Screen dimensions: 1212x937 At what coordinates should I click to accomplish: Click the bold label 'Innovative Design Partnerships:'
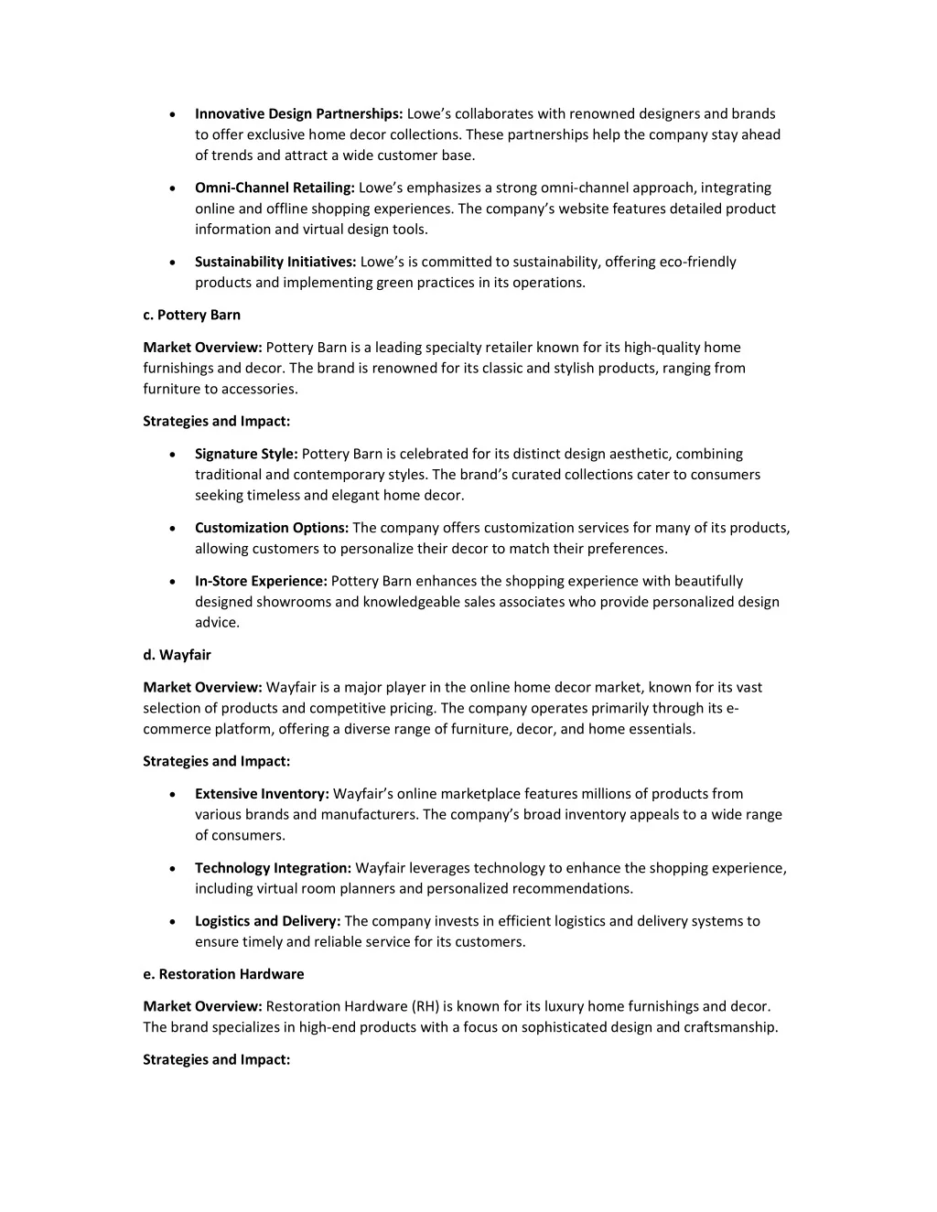pyautogui.click(x=298, y=114)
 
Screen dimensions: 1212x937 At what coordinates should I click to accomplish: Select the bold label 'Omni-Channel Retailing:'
pyautogui.click(x=275, y=188)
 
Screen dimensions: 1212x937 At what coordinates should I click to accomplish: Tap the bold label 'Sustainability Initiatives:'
pyautogui.click(x=275, y=263)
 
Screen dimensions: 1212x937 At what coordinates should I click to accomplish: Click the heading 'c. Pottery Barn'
pyautogui.click(x=191, y=316)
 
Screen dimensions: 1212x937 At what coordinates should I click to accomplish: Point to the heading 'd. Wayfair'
pyautogui.click(x=177, y=655)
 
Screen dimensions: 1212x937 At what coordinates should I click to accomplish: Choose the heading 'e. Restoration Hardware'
pyautogui.click(x=223, y=974)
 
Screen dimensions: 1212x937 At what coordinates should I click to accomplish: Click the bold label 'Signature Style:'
pyautogui.click(x=246, y=455)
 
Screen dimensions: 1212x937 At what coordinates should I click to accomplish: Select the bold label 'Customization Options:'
pyautogui.click(x=272, y=529)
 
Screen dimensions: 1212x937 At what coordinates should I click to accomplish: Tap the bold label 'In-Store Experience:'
pyautogui.click(x=261, y=582)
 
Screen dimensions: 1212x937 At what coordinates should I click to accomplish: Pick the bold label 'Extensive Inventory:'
pyautogui.click(x=262, y=794)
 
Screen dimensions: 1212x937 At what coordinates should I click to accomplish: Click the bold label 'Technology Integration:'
pyautogui.click(x=273, y=868)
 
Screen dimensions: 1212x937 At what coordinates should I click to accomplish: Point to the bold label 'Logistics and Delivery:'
pyautogui.click(x=267, y=921)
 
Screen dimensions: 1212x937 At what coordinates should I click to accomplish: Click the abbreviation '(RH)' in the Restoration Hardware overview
pyautogui.click(x=427, y=1007)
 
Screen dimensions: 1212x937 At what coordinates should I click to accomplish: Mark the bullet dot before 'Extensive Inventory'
pyautogui.click(x=173, y=795)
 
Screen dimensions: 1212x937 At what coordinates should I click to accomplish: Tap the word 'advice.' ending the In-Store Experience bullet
pyautogui.click(x=217, y=623)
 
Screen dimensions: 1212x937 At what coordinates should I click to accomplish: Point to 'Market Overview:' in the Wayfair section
pyautogui.click(x=202, y=688)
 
